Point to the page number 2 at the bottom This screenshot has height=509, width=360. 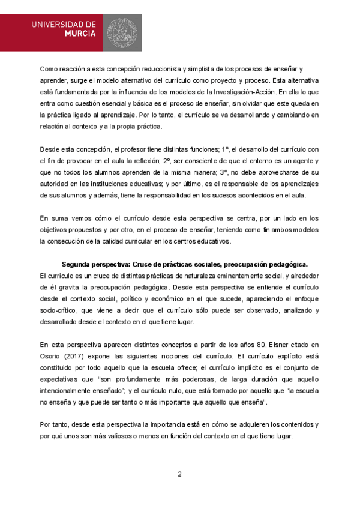tap(179, 474)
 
